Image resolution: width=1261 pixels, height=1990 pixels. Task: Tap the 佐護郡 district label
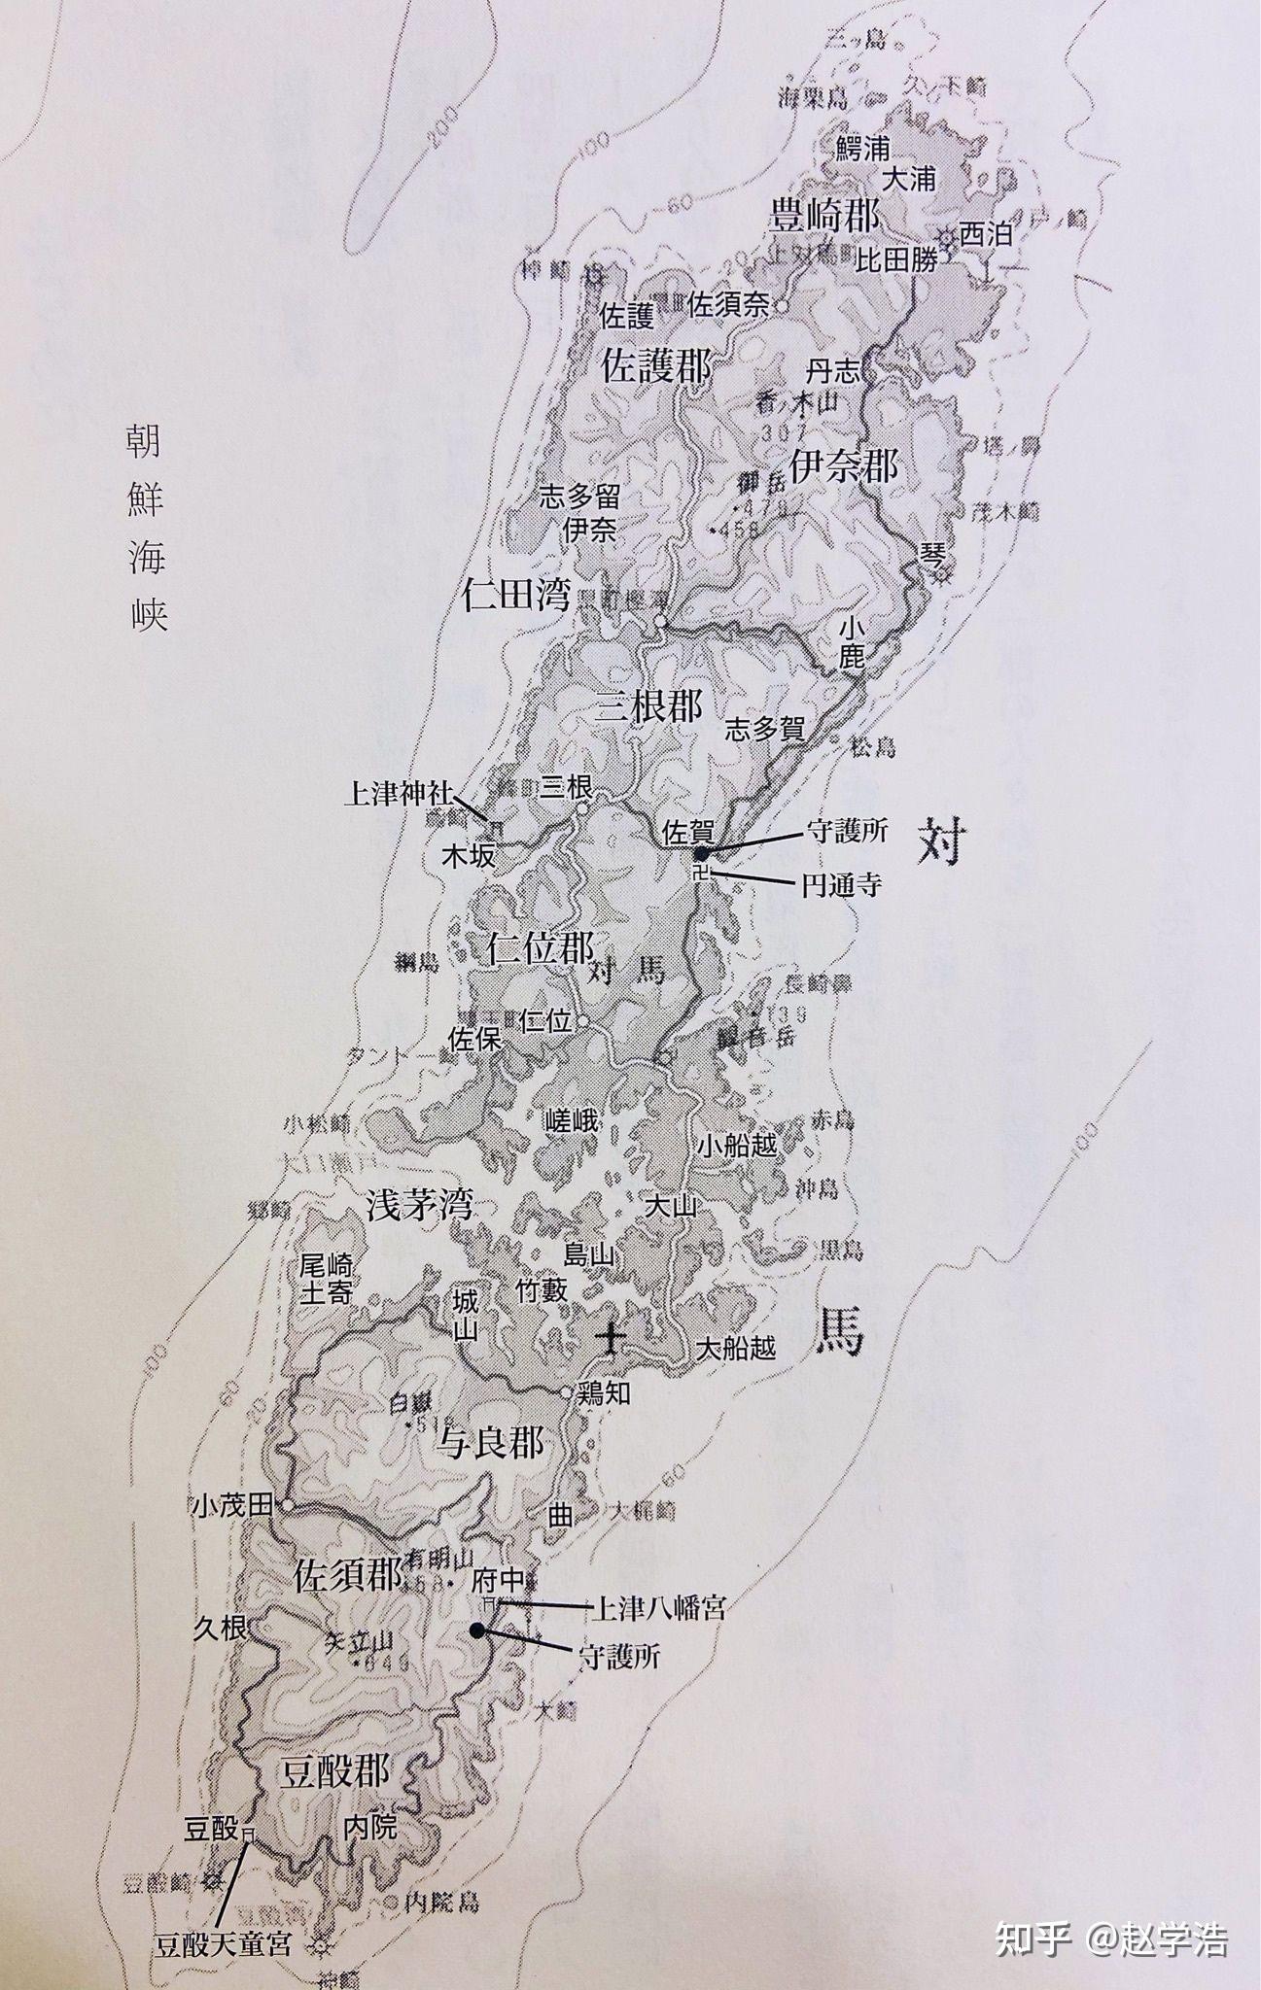pos(656,367)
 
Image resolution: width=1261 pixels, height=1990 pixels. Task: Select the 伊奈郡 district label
pos(843,467)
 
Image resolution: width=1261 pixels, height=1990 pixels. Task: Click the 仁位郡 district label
pos(540,947)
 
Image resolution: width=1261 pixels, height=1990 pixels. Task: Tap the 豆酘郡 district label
pos(333,1771)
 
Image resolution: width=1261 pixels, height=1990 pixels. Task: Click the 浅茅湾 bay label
pos(419,1205)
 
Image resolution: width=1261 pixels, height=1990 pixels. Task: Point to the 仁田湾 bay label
pos(515,594)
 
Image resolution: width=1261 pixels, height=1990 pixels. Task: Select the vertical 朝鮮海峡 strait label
pos(144,530)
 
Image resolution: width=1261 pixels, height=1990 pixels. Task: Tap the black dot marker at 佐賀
pos(701,853)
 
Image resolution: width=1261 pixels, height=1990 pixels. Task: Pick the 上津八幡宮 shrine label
pos(658,1608)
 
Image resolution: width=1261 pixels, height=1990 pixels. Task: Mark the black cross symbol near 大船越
pos(612,1339)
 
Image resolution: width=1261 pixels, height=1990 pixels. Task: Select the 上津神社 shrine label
pos(399,794)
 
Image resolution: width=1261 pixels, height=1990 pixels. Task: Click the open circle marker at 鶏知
pos(567,1392)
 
